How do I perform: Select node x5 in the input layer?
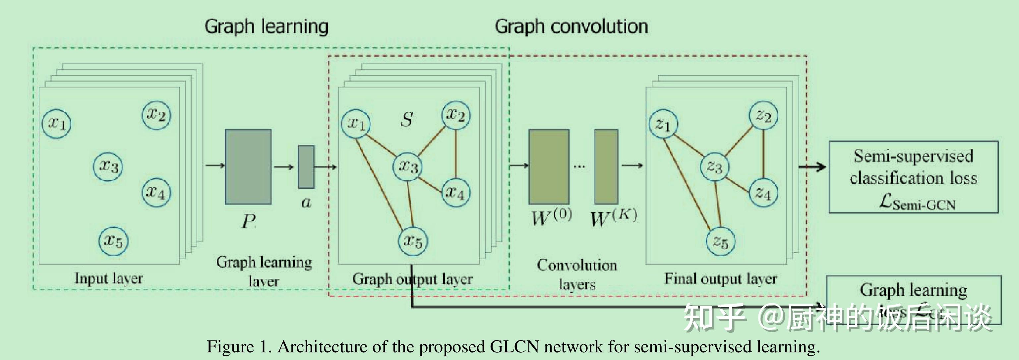[113, 241]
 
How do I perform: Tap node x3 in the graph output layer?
[408, 166]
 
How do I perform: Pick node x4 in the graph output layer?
[456, 193]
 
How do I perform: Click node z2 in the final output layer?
[763, 115]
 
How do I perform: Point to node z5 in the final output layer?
[720, 242]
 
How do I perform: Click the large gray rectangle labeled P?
[248, 166]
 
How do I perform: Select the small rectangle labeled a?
[306, 166]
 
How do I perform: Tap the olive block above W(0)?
[549, 166]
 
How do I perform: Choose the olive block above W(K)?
[606, 166]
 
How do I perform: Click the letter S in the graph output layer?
[407, 119]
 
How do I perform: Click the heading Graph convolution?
[571, 27]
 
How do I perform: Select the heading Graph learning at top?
[266, 27]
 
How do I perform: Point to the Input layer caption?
[109, 278]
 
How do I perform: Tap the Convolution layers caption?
[577, 274]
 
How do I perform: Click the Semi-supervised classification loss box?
[913, 177]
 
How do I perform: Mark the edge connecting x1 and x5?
[380, 184]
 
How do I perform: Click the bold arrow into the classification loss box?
[812, 166]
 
